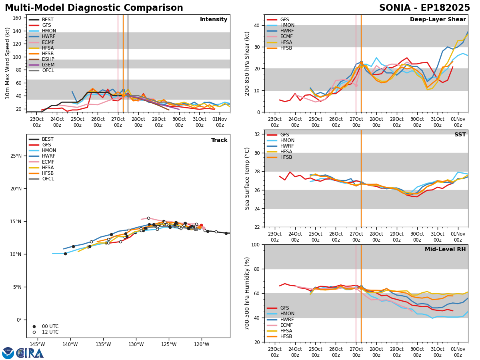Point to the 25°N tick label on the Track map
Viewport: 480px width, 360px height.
16,156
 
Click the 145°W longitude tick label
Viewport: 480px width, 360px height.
37,344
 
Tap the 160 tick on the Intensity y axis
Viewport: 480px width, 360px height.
17,18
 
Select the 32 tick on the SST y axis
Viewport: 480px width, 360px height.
257,134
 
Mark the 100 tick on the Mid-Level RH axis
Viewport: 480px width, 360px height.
255,245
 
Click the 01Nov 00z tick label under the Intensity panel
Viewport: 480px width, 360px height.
220,122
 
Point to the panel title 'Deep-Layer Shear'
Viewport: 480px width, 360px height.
438,20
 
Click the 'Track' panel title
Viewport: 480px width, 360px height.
219,140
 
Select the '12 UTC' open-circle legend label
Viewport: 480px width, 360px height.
50,332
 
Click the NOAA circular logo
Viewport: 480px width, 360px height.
8,353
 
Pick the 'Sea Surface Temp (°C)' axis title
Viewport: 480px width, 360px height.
247,178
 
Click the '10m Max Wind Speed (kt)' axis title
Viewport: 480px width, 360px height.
7,63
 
